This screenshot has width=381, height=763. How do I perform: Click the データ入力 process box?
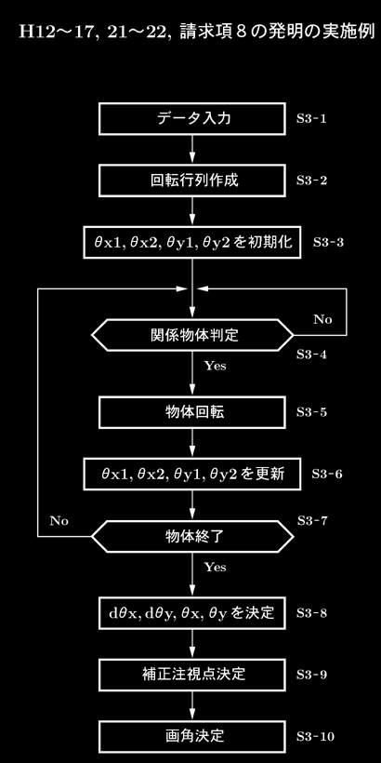(x=192, y=119)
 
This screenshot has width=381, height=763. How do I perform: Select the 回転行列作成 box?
(x=192, y=181)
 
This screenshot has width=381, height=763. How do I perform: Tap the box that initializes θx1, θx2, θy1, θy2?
(x=192, y=242)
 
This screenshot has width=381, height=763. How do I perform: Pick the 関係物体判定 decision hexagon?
(x=192, y=335)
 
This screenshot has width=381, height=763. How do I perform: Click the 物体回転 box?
(x=192, y=412)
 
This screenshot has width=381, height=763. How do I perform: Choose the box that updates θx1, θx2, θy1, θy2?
(x=192, y=474)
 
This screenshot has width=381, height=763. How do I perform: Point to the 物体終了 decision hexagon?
(x=192, y=536)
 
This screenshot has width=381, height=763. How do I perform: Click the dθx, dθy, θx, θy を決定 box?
(x=192, y=612)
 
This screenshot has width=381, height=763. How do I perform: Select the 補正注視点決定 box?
(x=192, y=675)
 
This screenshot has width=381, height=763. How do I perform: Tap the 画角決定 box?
(x=192, y=736)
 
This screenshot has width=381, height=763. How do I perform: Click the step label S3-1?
(x=311, y=119)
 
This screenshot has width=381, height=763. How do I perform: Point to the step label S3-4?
(x=311, y=355)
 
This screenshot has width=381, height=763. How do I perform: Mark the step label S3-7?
(x=312, y=521)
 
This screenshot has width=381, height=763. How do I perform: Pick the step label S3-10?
(x=315, y=737)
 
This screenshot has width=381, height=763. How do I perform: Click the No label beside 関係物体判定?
(x=322, y=320)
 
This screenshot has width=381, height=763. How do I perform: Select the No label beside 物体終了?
(x=59, y=521)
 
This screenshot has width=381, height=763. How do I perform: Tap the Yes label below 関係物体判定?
(x=215, y=366)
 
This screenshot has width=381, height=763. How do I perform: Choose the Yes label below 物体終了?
(x=215, y=568)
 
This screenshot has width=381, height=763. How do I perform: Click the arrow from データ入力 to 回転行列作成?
(x=192, y=150)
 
